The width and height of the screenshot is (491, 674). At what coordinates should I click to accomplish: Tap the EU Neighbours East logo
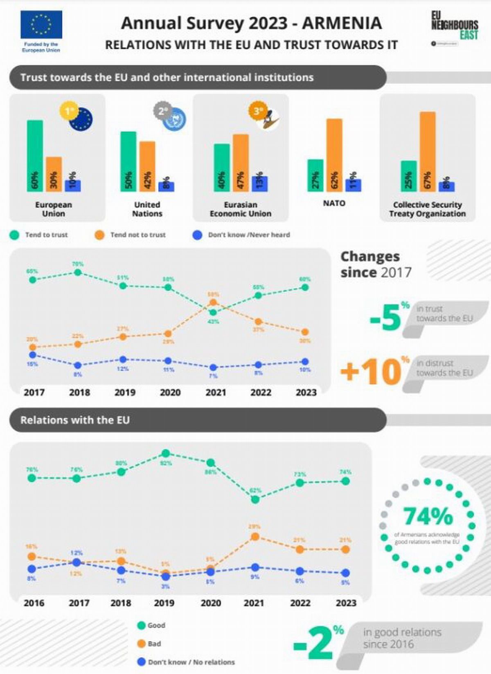click(x=455, y=25)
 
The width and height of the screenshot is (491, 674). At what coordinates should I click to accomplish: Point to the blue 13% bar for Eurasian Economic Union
click(x=259, y=184)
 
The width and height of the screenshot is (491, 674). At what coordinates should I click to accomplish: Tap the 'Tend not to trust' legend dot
click(x=99, y=235)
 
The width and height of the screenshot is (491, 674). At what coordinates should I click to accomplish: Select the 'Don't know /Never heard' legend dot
click(x=197, y=235)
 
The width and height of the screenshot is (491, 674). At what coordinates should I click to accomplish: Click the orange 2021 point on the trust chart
click(x=213, y=302)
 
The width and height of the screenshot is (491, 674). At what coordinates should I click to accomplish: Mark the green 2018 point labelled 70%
click(x=78, y=272)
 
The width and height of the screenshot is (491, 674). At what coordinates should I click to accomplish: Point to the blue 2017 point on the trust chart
click(x=33, y=355)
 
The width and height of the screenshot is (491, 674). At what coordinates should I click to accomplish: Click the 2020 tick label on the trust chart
click(x=170, y=392)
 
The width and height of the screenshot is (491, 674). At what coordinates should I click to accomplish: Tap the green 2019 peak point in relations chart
click(x=166, y=453)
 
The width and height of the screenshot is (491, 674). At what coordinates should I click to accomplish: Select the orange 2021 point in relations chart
click(x=255, y=536)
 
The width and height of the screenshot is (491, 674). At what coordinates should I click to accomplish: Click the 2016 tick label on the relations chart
click(x=34, y=603)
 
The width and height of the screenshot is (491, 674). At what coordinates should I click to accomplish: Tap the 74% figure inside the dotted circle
click(x=428, y=516)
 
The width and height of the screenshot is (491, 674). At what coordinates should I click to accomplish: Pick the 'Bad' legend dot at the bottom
click(x=142, y=644)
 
